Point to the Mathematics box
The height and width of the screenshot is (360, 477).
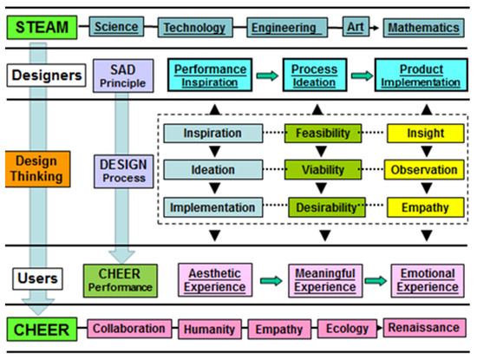421,28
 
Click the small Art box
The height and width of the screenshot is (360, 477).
354,27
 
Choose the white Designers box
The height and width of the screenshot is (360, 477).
42,75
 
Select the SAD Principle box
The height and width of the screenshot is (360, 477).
126,75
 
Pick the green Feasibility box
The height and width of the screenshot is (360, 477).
323,133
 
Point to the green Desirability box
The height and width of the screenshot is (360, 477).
323,207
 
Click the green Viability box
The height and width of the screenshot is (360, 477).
323,170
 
